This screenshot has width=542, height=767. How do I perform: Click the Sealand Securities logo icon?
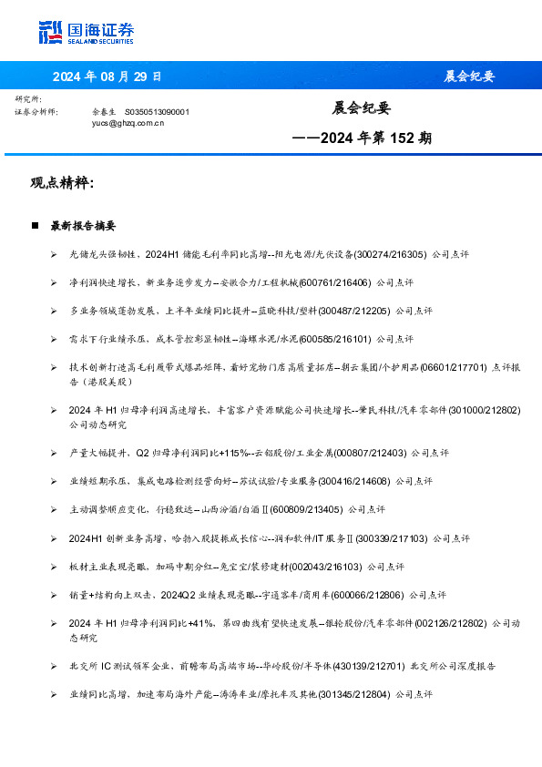pyautogui.click(x=50, y=32)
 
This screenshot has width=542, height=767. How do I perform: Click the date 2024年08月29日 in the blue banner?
pyautogui.click(x=107, y=76)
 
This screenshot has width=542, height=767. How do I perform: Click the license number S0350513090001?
pyautogui.click(x=157, y=111)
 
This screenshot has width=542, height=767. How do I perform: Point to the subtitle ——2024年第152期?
pyautogui.click(x=362, y=138)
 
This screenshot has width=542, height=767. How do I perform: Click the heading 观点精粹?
pyautogui.click(x=63, y=183)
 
